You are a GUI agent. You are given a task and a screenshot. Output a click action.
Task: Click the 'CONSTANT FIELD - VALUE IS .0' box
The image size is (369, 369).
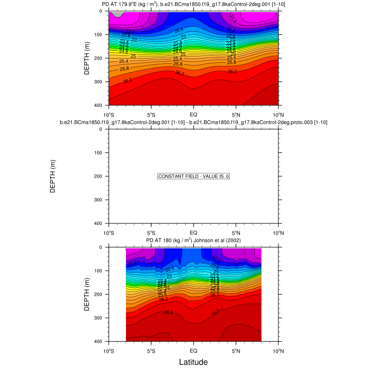[x=193, y=177]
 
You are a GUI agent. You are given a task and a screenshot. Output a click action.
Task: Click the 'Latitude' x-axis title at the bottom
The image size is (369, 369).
[x=193, y=362]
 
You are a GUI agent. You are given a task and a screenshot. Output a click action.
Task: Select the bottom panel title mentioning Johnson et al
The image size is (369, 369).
[x=193, y=241]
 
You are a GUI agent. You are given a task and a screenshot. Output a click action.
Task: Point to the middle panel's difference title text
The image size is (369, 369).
[x=193, y=123]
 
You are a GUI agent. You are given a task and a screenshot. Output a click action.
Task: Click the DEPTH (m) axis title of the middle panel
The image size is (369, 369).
[x=53, y=176]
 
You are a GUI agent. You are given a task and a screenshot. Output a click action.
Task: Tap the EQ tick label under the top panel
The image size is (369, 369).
[x=193, y=114]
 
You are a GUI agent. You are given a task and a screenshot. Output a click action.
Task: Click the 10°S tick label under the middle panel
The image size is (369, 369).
[x=109, y=232]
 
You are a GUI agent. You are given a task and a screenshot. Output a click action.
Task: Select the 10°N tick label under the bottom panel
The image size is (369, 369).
[x=278, y=351]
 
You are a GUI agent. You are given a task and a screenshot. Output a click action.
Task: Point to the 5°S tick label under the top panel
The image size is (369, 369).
[x=151, y=114]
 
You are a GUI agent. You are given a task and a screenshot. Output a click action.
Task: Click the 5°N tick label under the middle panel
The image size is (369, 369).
[x=236, y=232]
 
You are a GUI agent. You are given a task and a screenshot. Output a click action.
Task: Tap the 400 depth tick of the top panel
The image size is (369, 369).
[x=100, y=105]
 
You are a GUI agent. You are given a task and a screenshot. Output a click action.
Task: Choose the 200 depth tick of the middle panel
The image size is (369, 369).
[x=100, y=176]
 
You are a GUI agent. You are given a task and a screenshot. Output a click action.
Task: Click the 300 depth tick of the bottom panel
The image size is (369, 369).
[x=100, y=318]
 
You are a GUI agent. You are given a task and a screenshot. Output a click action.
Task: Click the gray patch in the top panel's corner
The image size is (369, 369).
[x=119, y=14]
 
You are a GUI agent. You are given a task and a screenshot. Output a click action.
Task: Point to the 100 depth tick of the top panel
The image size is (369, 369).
[x=100, y=35]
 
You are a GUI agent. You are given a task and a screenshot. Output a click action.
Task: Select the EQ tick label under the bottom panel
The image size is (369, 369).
[x=193, y=351]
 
